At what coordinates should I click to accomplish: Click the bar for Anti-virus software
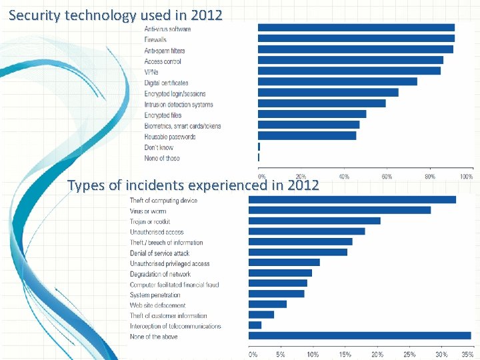[x=356, y=28]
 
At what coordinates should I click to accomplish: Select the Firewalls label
[x=155, y=40]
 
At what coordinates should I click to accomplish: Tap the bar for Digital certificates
[x=337, y=82]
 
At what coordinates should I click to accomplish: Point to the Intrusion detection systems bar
[x=321, y=103]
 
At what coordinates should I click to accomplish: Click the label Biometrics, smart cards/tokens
[x=182, y=126]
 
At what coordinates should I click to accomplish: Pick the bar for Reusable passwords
[x=307, y=136]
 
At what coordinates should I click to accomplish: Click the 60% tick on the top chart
[x=386, y=177]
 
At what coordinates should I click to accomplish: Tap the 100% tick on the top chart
[x=467, y=177]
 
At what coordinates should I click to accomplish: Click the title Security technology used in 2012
[x=116, y=15]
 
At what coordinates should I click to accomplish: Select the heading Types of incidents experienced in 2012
[x=193, y=185]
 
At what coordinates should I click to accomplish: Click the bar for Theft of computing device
[x=352, y=199]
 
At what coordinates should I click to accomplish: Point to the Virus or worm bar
[x=339, y=210]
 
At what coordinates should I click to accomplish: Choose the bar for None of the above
[x=359, y=336]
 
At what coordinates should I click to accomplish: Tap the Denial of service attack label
[x=159, y=253]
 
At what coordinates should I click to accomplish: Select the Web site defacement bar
[x=267, y=305]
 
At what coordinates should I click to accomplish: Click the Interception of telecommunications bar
[x=255, y=325]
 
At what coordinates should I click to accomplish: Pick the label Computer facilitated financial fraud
[x=174, y=285]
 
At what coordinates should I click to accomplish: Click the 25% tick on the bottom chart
[x=409, y=354]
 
